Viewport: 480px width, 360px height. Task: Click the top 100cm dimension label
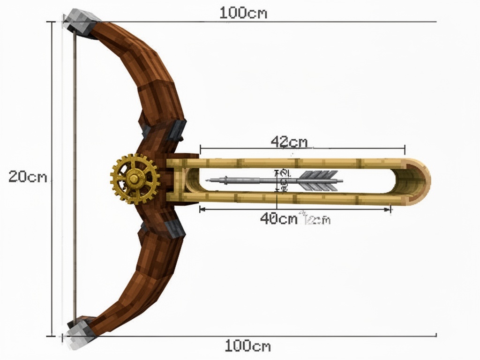click(243, 13)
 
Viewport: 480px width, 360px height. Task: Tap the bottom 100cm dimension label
click(247, 346)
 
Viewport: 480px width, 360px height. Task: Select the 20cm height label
click(28, 177)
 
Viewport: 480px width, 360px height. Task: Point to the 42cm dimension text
click(289, 142)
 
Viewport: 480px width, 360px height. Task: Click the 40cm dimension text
click(279, 218)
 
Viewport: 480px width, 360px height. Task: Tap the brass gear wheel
click(135, 179)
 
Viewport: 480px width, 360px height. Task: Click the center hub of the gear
click(135, 179)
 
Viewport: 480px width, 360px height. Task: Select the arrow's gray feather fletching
click(319, 180)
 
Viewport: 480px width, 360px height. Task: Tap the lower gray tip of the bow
click(80, 330)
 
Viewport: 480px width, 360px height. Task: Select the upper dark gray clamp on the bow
click(178, 128)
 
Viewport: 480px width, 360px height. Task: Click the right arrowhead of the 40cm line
click(389, 210)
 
